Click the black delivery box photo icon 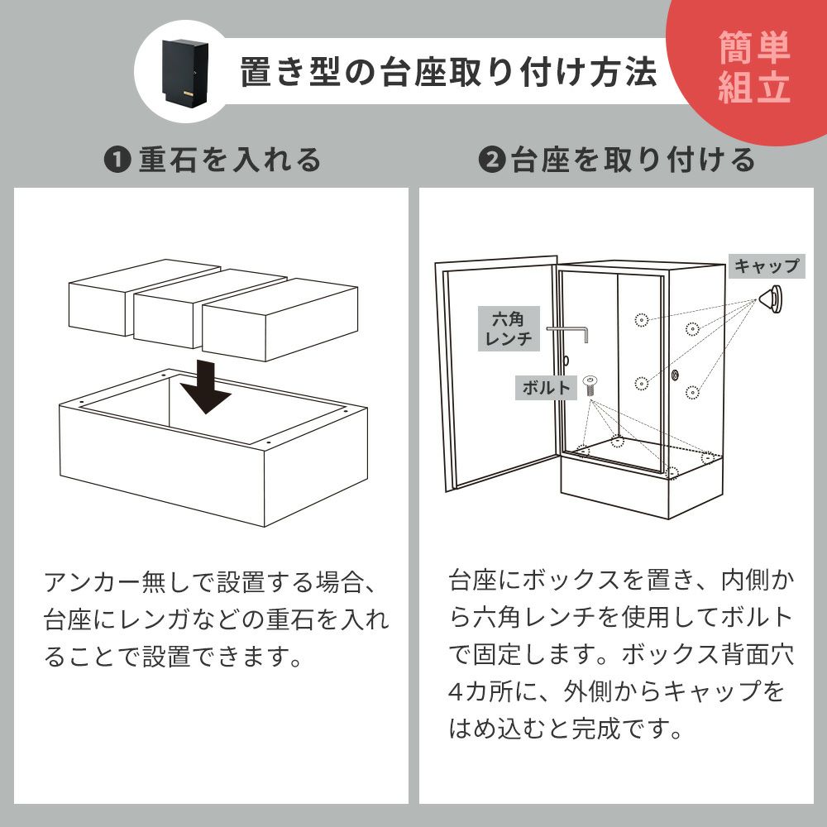185,72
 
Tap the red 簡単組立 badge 753,66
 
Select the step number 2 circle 492,160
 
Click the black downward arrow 206,387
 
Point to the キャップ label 767,266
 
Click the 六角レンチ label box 509,328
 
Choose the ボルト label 546,388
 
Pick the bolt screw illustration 590,386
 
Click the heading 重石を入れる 230,160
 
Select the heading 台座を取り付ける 633,160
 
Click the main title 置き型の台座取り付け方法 448,72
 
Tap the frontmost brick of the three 280,319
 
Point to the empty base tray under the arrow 213,447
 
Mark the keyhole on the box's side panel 675,376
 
